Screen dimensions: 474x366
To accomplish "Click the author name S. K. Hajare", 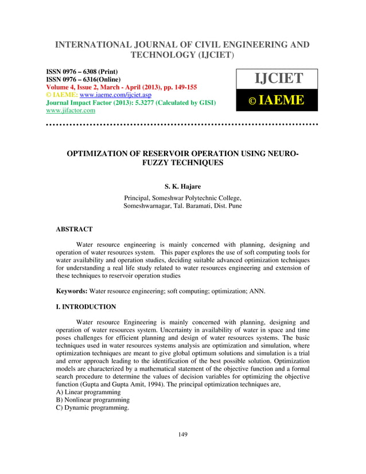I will [182, 186].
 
